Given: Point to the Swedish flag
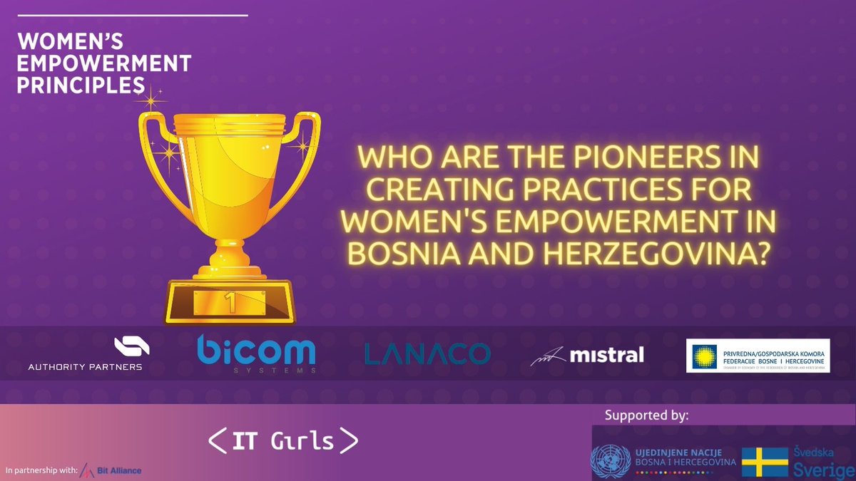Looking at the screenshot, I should coord(765,462).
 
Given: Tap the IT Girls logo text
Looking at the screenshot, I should coord(283,441).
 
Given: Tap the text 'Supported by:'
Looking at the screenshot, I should coord(646,415).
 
